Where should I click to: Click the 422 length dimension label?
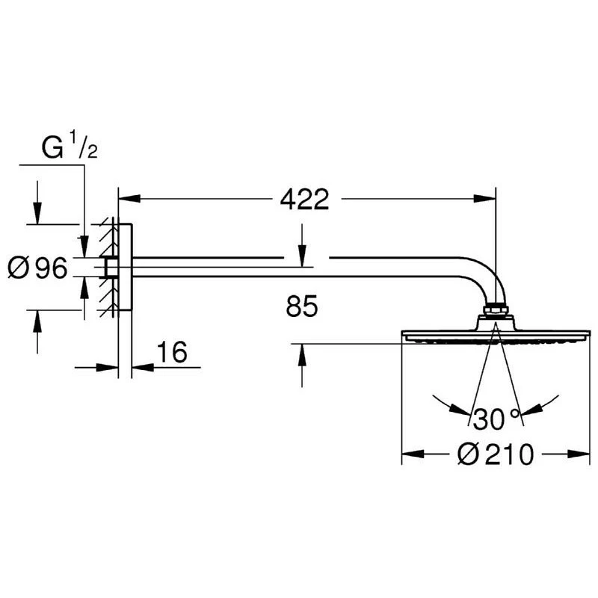pyautogui.click(x=304, y=199)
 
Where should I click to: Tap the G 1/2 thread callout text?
pyautogui.click(x=70, y=145)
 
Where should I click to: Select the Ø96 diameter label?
pyautogui.click(x=37, y=268)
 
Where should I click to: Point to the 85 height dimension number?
pyautogui.click(x=302, y=306)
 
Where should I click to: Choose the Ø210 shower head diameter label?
pyautogui.click(x=496, y=454)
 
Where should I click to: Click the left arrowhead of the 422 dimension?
pyautogui.click(x=129, y=198)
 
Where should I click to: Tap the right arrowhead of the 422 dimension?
pyautogui.click(x=484, y=198)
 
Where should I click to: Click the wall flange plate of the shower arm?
pyautogui.click(x=125, y=267)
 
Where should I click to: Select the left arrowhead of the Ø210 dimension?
pyautogui.click(x=413, y=454)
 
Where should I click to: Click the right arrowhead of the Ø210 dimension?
pyautogui.click(x=579, y=454)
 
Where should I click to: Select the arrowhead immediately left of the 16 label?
pyautogui.click(x=107, y=368)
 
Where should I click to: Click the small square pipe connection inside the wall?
pyautogui.click(x=111, y=267)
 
